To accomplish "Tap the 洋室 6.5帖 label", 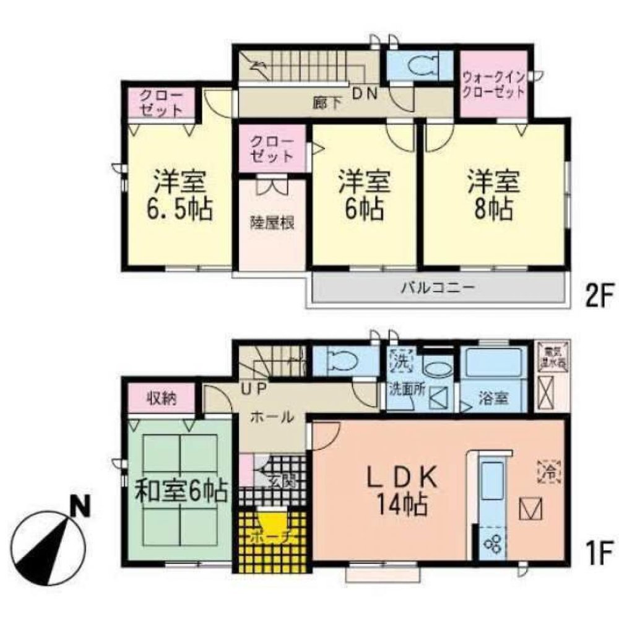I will click(x=179, y=196).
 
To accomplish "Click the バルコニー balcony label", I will click(x=437, y=288).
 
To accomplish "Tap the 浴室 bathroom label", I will click(x=494, y=399).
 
